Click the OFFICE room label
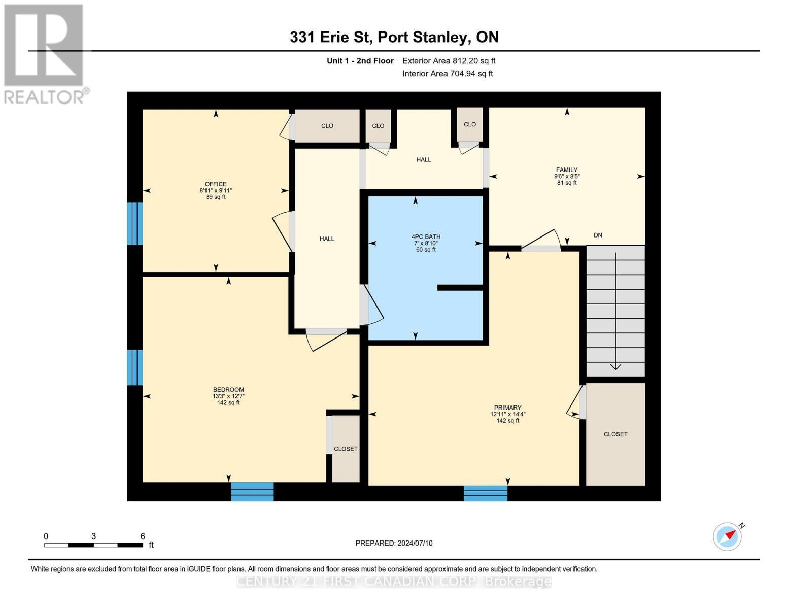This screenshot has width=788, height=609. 216,184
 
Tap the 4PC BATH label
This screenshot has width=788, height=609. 426,236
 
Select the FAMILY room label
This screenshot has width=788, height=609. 567,170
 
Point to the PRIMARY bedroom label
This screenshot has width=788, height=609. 507,408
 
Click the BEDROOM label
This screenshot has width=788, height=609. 228,390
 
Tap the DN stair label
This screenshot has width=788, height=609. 598,235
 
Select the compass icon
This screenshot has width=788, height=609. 727,536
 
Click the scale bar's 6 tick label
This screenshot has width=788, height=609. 143,536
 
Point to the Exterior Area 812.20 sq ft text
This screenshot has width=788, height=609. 449,61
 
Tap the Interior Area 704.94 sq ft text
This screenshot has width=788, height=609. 448,74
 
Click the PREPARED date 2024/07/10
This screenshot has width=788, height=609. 394,543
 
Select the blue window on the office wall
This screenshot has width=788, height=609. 135,223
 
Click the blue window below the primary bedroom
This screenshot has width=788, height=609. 486,493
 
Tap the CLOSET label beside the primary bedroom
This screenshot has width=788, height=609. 615,434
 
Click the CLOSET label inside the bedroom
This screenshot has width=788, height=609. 346,449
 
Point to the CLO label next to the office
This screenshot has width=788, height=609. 327,126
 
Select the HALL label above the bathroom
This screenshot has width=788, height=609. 424,159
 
